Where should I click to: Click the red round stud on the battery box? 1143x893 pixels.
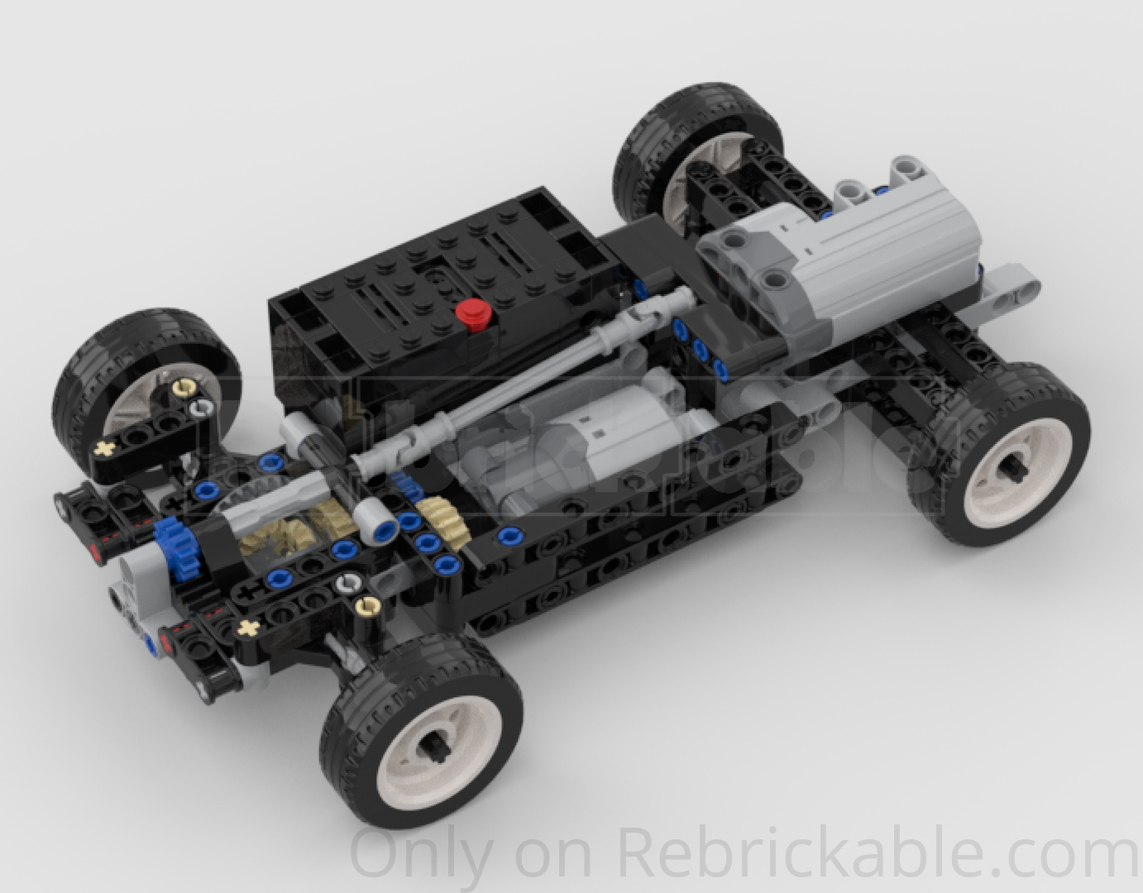[473, 313]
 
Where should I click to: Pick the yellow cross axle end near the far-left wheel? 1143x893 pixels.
[105, 449]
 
